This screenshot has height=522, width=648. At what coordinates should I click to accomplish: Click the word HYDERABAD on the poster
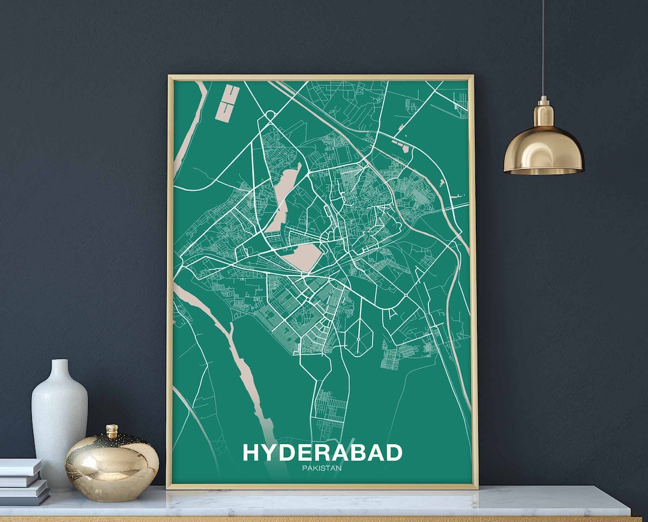click(x=322, y=452)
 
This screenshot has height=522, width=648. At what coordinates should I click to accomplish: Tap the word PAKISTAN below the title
click(x=322, y=468)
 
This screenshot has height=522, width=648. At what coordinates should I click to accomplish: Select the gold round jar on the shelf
click(x=112, y=463)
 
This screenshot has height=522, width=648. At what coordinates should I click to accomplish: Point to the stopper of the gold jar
click(x=112, y=431)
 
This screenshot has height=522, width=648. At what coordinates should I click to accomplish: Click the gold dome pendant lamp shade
click(x=544, y=150)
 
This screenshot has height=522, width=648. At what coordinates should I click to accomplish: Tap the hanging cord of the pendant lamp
click(x=543, y=48)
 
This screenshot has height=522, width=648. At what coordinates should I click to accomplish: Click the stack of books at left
click(x=23, y=480)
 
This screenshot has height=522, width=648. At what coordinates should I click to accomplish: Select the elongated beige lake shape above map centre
click(x=283, y=198)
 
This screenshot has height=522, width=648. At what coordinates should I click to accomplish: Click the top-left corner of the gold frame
click(x=170, y=77)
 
